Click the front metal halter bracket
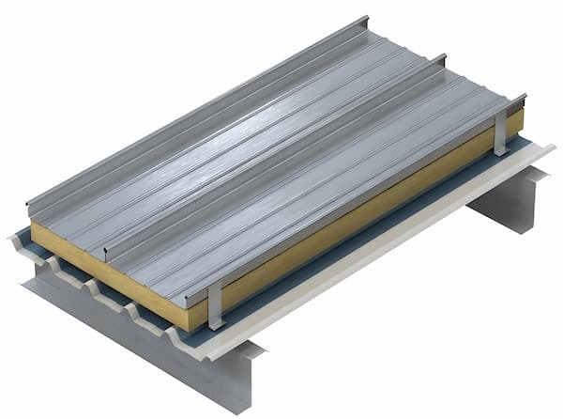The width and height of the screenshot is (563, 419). [214, 302]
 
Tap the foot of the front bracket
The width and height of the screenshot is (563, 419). [216, 323]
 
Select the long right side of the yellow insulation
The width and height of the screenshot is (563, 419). [375, 211]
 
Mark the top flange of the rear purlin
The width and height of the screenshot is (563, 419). [540, 174]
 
